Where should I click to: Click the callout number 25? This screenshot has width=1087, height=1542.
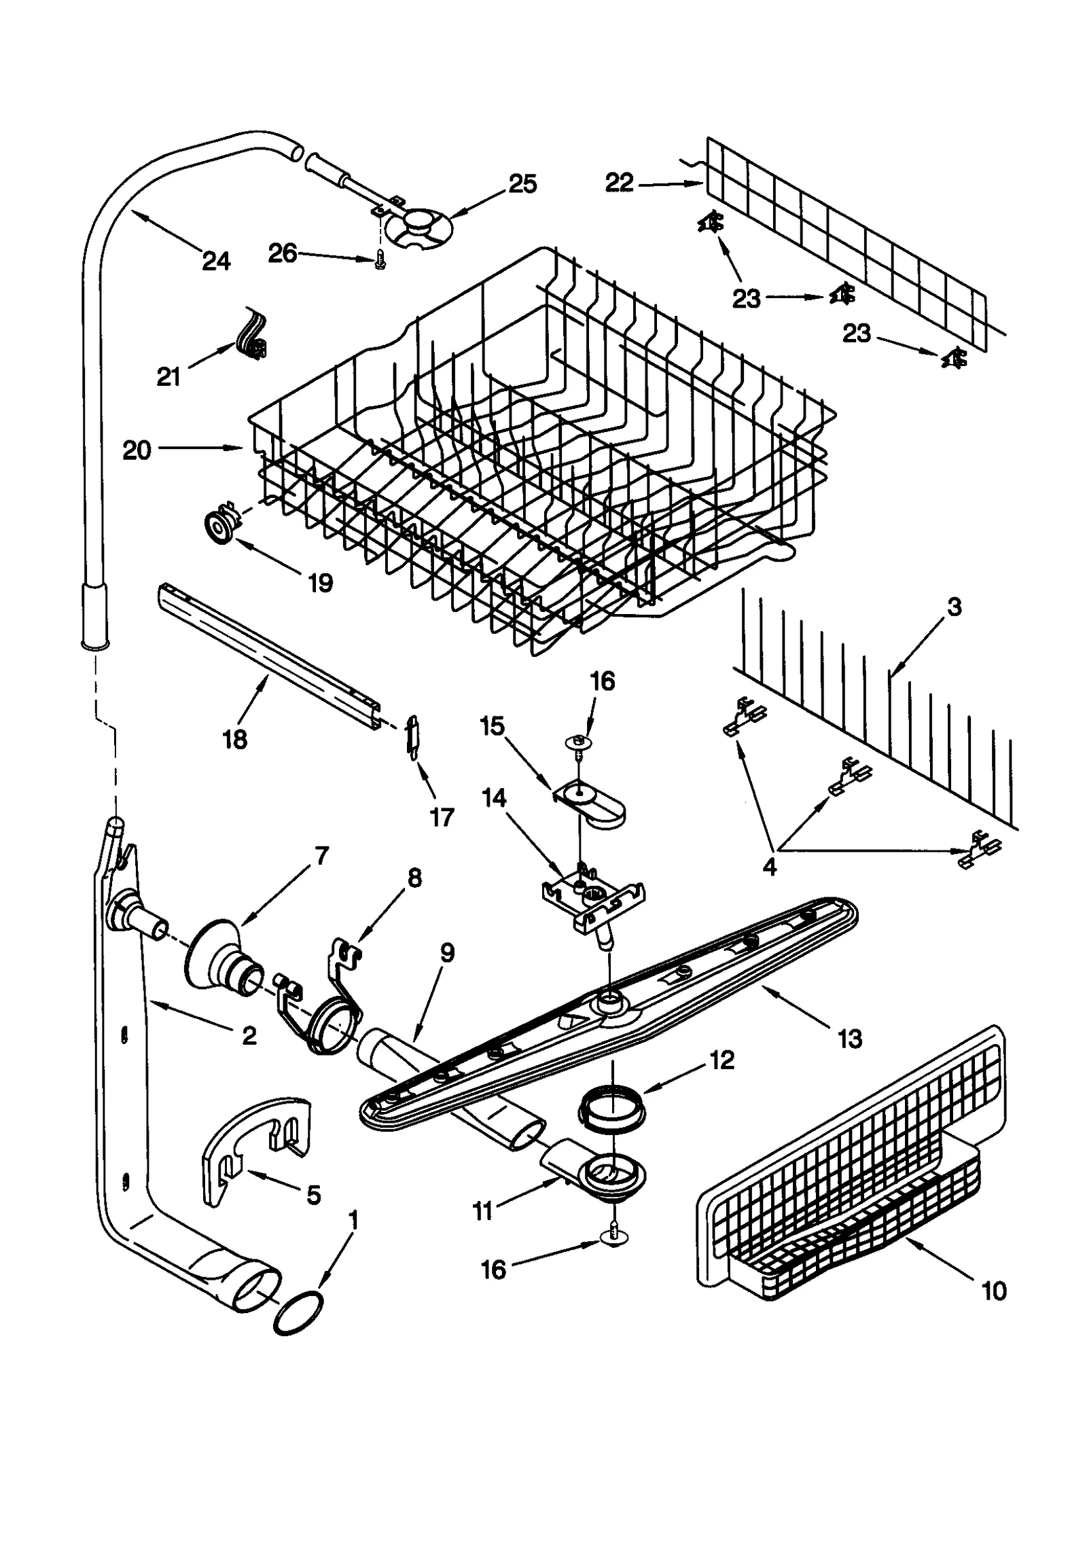tap(522, 184)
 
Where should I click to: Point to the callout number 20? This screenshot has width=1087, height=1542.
tap(137, 450)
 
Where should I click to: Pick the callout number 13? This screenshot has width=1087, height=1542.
tap(849, 1039)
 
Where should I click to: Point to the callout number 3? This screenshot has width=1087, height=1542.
tap(954, 607)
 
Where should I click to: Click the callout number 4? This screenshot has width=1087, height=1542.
tap(770, 867)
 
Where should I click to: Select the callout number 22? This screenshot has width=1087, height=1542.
tap(619, 183)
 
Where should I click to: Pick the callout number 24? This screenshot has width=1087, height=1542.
tap(216, 261)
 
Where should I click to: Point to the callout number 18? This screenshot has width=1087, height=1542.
tap(235, 740)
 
